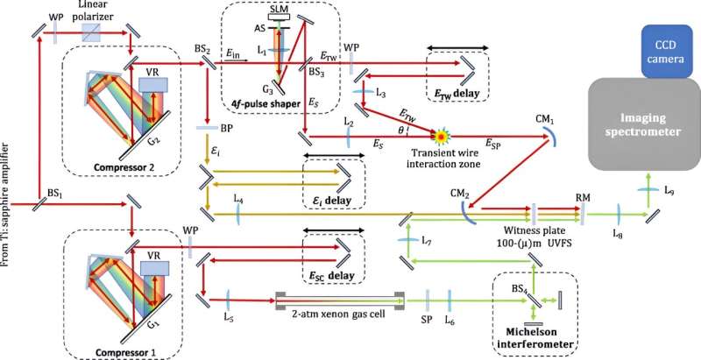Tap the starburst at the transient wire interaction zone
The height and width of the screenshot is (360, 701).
440,136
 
